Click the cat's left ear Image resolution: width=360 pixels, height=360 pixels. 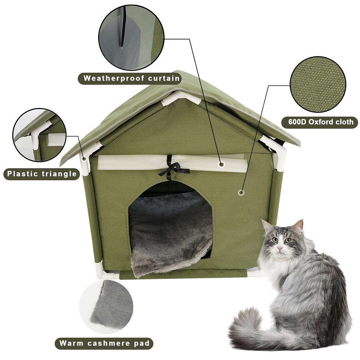[267, 227]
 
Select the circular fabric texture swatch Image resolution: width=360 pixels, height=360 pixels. [318, 85]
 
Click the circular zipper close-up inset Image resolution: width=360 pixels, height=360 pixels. [131, 37]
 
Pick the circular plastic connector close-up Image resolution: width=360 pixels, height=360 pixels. [40, 135]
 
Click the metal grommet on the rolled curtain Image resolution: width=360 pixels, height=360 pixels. [222, 164]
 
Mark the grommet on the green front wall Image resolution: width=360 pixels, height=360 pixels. [241, 192]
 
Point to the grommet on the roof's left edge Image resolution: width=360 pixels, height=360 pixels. [84, 158]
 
